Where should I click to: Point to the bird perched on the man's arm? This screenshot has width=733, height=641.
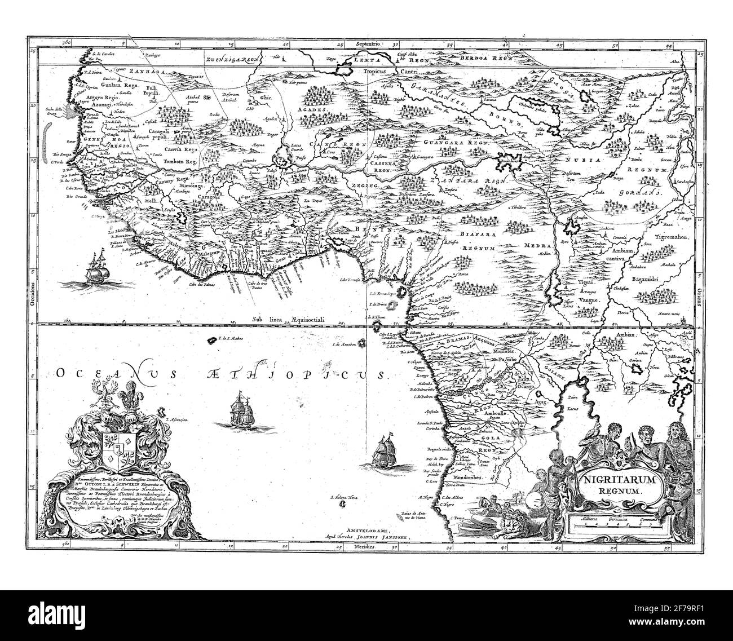click(x=593, y=431)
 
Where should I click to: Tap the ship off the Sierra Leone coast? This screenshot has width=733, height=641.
click(x=94, y=268)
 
